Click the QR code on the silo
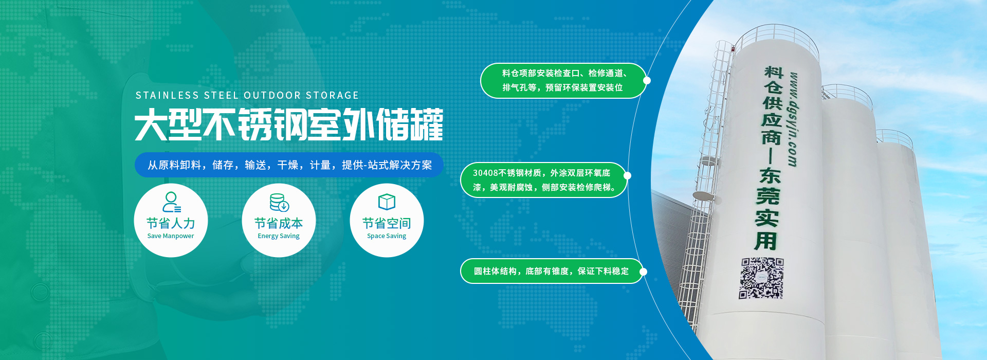[x=761, y=278]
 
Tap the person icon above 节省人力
[x=171, y=202]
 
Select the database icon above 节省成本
[x=279, y=202]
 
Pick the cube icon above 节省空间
[x=387, y=202]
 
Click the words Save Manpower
[x=171, y=236]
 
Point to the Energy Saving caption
[x=279, y=236]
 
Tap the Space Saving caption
[x=387, y=236]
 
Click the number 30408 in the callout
[x=485, y=173]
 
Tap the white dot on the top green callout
[x=647, y=80]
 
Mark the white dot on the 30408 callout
[x=627, y=175]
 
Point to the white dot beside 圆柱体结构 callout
[x=643, y=272]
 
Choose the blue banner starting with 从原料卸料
[x=289, y=165]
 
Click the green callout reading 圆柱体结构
[x=552, y=271]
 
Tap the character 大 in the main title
[x=151, y=124]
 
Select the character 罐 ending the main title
[x=426, y=124]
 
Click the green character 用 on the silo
[x=765, y=241]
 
